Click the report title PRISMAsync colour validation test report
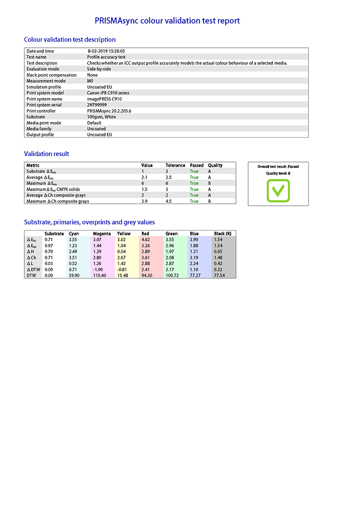[x=167, y=21]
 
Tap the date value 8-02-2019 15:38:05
[x=106, y=51]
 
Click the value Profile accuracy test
[x=106, y=57]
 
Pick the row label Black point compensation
[x=51, y=75]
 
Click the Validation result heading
[x=47, y=154]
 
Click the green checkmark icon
[x=278, y=191]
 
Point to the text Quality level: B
[x=278, y=173]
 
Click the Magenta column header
[x=101, y=234]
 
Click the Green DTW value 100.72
[x=172, y=275]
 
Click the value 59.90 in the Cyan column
[x=74, y=275]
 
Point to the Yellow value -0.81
[x=122, y=269]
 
